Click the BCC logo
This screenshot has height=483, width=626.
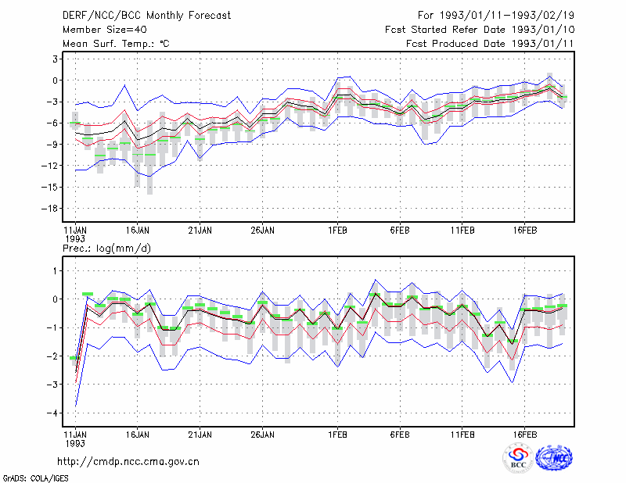pos(518,458)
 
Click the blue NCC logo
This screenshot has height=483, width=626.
pos(554,458)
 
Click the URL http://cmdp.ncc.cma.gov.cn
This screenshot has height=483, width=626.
pos(128,462)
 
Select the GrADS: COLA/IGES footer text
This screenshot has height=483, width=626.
pos(35,478)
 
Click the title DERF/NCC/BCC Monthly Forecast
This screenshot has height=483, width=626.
pos(146,16)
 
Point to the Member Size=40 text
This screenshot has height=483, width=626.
pos(105,30)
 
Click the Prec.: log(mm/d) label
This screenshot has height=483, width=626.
pos(106,249)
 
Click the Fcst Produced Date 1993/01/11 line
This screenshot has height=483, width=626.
pos(490,44)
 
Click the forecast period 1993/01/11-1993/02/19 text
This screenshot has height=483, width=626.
pos(507,16)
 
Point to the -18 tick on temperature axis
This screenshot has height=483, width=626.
pos(50,208)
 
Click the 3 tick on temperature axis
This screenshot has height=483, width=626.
pos(56,59)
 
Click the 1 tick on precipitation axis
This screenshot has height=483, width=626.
pos(56,271)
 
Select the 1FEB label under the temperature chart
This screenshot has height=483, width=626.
pos(337,231)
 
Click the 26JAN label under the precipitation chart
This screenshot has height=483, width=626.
pos(262,435)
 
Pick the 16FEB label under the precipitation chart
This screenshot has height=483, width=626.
pos(524,435)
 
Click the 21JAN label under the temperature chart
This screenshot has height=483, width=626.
pos(200,231)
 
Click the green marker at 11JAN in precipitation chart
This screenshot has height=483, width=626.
pos(74,358)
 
